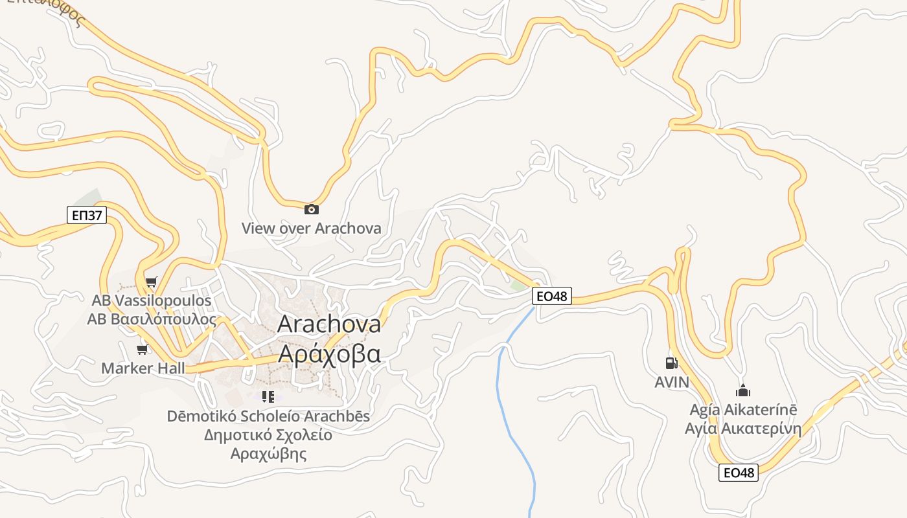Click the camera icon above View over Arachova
(312, 209)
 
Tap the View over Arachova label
(311, 228)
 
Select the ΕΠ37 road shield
(86, 215)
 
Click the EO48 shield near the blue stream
(552, 297)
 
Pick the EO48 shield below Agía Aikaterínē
(739, 473)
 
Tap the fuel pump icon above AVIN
(672, 363)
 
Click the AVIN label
(672, 382)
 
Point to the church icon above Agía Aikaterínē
(742, 390)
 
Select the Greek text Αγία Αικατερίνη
(743, 429)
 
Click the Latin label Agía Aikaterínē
(743, 410)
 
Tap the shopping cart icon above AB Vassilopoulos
(151, 282)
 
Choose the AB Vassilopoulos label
(152, 301)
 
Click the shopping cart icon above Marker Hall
(142, 350)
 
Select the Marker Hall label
(143, 368)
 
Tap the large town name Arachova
(329, 324)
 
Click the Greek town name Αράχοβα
(329, 354)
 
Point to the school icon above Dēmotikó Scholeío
(268, 396)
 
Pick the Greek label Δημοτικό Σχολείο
(268, 434)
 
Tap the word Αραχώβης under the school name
(268, 453)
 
